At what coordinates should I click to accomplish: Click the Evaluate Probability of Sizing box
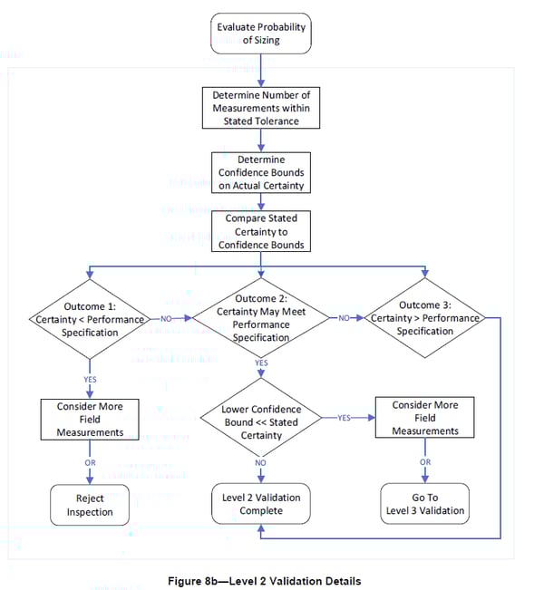click(261, 33)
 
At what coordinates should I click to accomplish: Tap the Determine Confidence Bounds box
click(261, 171)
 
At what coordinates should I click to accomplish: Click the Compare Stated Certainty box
click(261, 231)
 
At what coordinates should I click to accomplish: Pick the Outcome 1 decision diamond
click(89, 319)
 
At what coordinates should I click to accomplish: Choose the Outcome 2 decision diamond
click(261, 319)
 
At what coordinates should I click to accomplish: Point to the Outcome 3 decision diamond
click(424, 319)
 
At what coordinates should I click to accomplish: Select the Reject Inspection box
click(89, 505)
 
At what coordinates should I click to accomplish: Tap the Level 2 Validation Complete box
click(261, 505)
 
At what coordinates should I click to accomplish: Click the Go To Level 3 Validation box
click(424, 505)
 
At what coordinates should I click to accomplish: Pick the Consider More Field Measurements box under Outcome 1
click(89, 419)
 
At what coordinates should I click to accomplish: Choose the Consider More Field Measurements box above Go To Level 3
click(424, 419)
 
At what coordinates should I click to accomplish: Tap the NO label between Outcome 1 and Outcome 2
click(166, 319)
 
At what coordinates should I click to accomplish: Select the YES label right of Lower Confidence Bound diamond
click(345, 419)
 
